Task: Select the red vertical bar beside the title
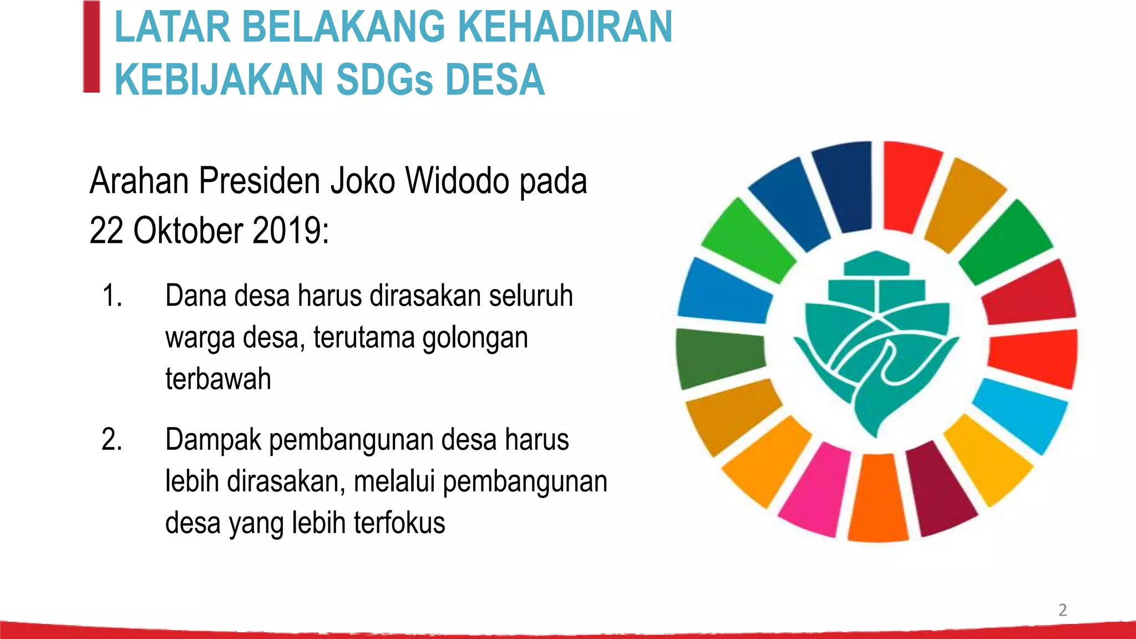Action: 92,47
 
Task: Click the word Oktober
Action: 188,230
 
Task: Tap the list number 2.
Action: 111,439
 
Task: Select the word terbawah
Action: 218,379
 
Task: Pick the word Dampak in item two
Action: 213,440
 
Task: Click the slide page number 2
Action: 1062,610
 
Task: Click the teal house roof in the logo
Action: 876,263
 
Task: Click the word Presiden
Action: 260,181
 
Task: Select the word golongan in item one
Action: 475,337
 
